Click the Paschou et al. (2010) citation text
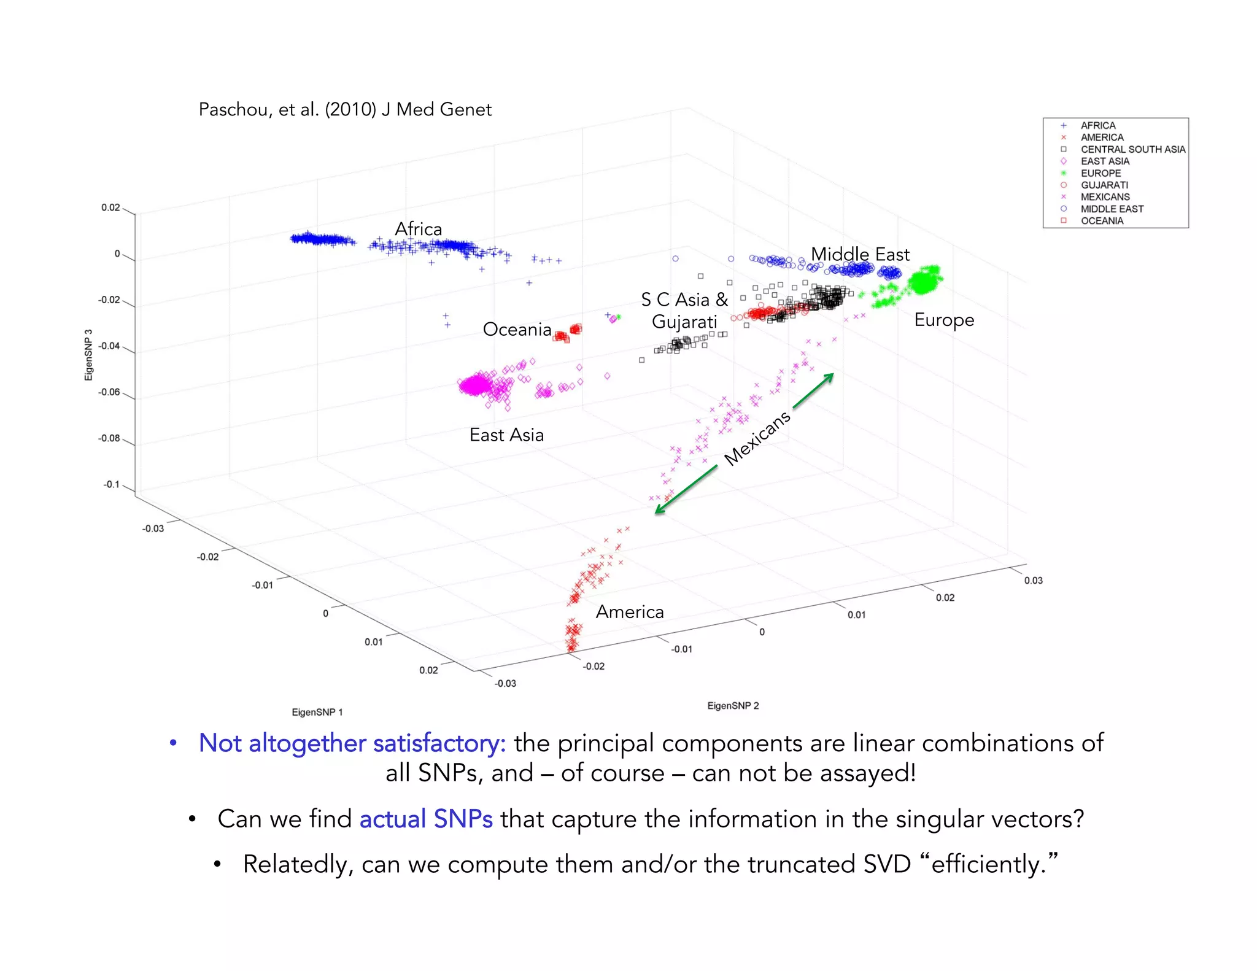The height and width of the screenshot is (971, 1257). click(345, 110)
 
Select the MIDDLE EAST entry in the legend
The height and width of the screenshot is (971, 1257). click(1112, 209)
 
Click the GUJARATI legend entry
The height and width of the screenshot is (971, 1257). click(1104, 185)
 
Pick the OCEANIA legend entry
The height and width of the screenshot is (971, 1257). click(1102, 221)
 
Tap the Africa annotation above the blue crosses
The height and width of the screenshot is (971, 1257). click(418, 229)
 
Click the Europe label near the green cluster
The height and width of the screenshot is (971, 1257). click(944, 320)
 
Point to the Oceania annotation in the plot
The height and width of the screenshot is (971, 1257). click(517, 330)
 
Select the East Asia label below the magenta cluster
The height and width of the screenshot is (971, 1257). click(506, 435)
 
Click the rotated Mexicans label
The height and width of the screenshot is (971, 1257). click(757, 438)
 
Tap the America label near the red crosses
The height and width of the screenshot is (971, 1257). click(630, 612)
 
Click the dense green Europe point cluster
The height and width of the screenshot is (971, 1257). click(924, 282)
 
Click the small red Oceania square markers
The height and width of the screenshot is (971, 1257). click(568, 333)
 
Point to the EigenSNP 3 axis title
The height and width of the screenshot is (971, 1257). click(88, 355)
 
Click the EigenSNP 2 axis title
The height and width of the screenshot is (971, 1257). click(733, 706)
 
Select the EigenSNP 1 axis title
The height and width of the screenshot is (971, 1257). click(317, 712)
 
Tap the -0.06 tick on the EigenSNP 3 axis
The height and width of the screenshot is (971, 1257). click(109, 392)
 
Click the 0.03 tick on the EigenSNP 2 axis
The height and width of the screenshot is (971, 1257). click(1033, 581)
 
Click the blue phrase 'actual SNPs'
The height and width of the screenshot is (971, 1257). click(426, 819)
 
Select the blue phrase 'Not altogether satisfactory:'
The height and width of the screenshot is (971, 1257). click(352, 743)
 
